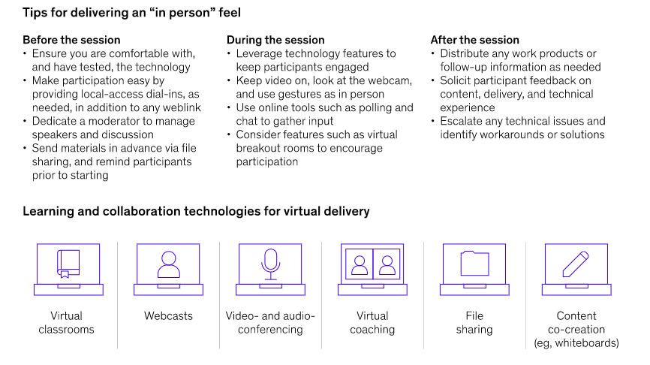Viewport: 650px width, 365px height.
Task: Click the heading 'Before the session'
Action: click(71, 40)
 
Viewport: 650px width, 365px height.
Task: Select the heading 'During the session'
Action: click(275, 40)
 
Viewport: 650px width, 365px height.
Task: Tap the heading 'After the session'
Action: click(474, 40)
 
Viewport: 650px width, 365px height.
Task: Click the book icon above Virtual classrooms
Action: click(68, 264)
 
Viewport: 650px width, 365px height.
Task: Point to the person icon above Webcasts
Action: click(169, 264)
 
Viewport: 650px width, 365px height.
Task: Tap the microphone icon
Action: click(270, 263)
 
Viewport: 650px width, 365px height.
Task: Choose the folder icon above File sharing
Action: click(474, 264)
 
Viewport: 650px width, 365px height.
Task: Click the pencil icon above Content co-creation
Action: click(576, 263)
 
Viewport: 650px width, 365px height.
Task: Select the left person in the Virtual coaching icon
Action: click(360, 265)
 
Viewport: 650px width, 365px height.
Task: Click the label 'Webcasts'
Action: click(169, 316)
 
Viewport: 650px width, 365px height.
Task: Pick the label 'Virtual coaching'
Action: click(372, 323)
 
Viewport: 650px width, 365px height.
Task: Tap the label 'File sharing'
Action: click(474, 323)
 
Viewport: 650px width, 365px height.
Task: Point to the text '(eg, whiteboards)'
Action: click(576, 343)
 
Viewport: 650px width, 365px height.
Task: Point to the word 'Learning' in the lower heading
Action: click(48, 211)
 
